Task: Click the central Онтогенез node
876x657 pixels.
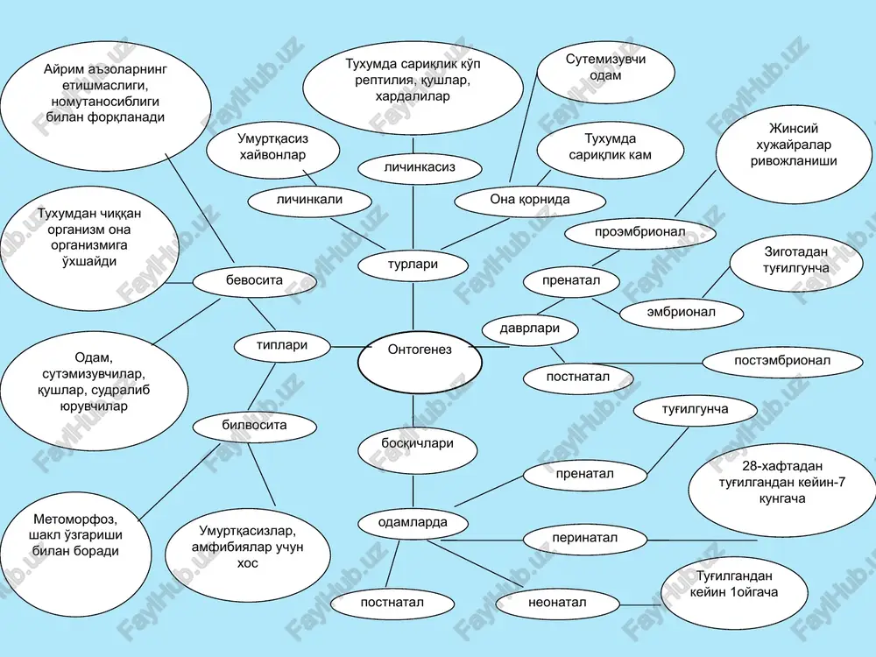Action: tap(420, 362)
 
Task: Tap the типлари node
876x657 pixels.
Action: tap(282, 346)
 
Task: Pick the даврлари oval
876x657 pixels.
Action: tap(530, 328)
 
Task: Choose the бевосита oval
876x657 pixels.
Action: tap(254, 281)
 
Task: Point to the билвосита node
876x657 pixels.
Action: tap(254, 427)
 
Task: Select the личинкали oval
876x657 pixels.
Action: tap(309, 201)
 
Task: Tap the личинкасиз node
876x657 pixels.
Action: tap(420, 168)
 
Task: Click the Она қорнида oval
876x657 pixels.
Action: tap(530, 201)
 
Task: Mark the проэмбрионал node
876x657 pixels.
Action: tap(640, 233)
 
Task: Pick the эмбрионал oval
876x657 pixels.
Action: tap(682, 313)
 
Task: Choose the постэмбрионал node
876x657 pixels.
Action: tap(782, 362)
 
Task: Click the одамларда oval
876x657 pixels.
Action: tap(413, 524)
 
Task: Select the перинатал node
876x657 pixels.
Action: tap(585, 539)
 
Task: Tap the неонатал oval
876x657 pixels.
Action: tap(557, 604)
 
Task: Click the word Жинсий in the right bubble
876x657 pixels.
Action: tap(794, 129)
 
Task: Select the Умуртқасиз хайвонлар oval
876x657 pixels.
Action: tap(272, 149)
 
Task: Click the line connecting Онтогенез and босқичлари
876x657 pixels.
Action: tap(413, 411)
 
